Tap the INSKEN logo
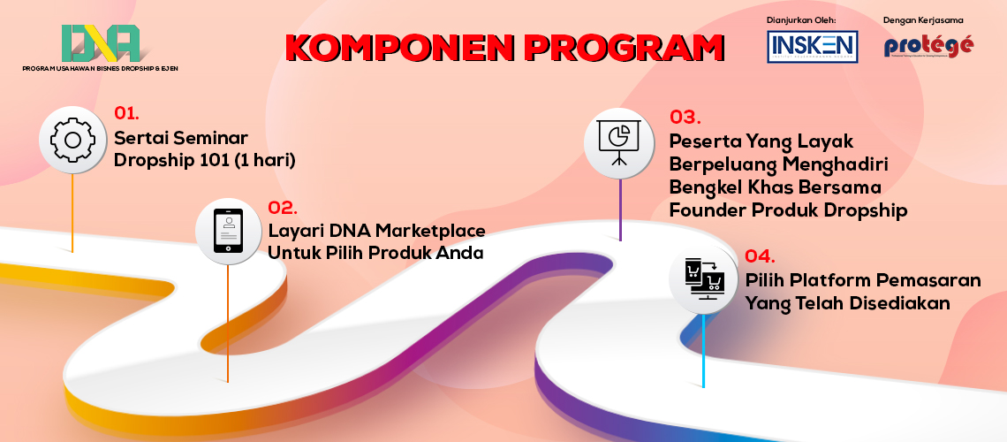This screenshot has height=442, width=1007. pos(812,46)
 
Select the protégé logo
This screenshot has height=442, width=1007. pos(928,46)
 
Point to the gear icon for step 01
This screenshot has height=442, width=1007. pos(73,140)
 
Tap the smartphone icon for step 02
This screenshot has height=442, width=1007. pos(229,232)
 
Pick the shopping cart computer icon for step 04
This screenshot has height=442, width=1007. pos(704,278)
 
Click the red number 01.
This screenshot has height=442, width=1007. pos(127,113)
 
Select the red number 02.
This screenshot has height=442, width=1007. pos(283,208)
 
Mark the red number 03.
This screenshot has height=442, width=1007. pos(685,117)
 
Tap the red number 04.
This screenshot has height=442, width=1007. pos(760,256)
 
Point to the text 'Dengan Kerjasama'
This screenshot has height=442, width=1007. pos(923,19)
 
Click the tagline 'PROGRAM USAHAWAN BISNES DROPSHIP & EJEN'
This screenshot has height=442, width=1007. pos(100,68)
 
